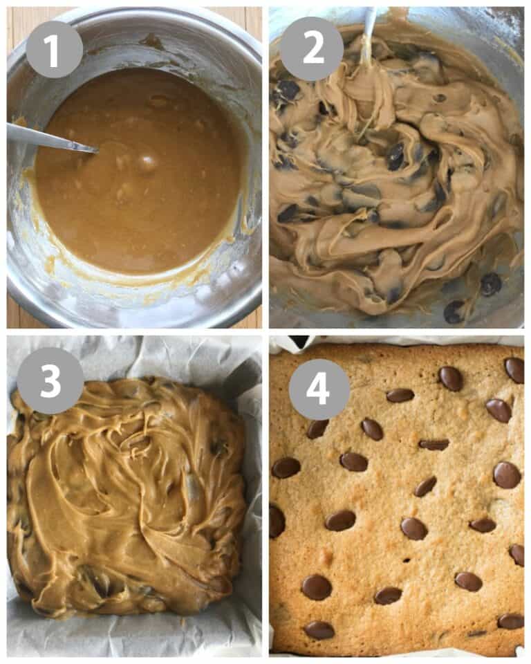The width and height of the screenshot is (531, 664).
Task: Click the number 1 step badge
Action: (x=54, y=49)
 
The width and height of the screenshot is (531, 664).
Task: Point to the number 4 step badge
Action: (x=319, y=389)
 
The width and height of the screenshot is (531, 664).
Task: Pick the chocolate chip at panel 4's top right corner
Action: (x=514, y=369)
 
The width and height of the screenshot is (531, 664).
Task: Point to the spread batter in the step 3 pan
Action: (x=124, y=498)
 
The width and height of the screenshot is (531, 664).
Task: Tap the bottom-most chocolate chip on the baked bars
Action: (x=319, y=629)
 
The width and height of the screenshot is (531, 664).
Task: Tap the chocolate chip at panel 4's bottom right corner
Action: (x=510, y=621)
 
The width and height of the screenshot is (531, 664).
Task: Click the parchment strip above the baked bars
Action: (x=415, y=340)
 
